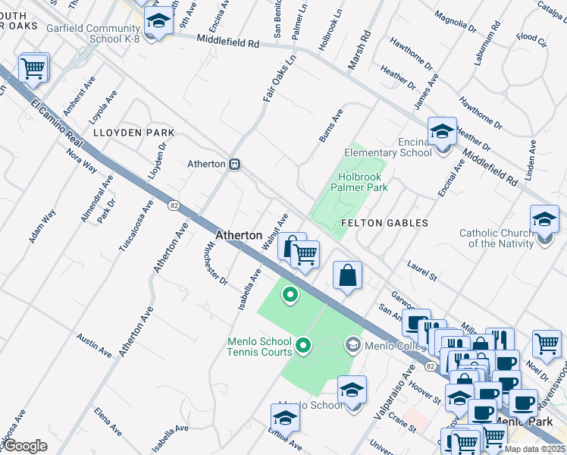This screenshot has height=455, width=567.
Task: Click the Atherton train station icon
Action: point(236,164)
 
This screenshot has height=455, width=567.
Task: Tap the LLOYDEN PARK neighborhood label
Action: point(133,133)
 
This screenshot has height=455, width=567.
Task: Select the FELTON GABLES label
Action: point(384,223)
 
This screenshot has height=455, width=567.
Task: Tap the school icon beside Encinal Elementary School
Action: point(441,130)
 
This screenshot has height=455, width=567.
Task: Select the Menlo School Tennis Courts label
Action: point(259,347)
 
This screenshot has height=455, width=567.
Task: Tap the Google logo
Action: point(26,446)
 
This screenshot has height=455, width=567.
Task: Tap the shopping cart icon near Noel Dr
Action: point(546,344)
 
